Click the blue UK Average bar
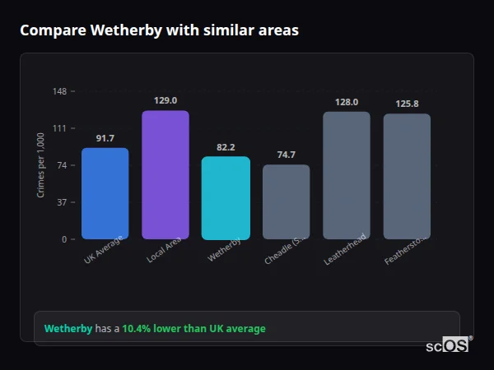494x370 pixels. click(x=105, y=193)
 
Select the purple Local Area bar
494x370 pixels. click(x=165, y=174)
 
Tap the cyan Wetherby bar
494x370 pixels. click(x=226, y=197)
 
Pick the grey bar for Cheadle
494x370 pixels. click(x=286, y=201)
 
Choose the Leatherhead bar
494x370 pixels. click(x=347, y=175)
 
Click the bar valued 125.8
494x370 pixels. click(x=407, y=176)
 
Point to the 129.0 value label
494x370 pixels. click(x=165, y=100)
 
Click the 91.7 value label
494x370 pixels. click(x=105, y=138)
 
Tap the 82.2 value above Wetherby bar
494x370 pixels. click(x=226, y=147)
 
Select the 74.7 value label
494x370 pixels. click(x=286, y=155)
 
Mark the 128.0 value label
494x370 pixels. click(x=347, y=102)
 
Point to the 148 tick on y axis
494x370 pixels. click(x=60, y=91)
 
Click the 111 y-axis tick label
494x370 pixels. click(x=60, y=128)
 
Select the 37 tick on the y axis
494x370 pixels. click(x=62, y=202)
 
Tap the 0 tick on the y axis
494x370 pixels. click(x=64, y=239)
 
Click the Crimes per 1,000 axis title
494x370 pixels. click(x=41, y=165)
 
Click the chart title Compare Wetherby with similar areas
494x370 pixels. click(x=159, y=30)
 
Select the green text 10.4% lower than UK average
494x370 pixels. click(x=193, y=329)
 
